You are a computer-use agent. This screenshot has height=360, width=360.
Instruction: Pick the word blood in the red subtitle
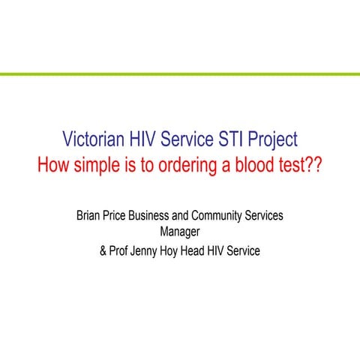point(255,165)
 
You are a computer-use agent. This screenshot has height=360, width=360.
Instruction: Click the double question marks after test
point(316,165)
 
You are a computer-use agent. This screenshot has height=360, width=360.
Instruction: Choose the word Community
point(225,215)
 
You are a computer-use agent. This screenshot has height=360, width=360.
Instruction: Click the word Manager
point(180,232)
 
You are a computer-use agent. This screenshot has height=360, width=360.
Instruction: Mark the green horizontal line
point(180,74)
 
